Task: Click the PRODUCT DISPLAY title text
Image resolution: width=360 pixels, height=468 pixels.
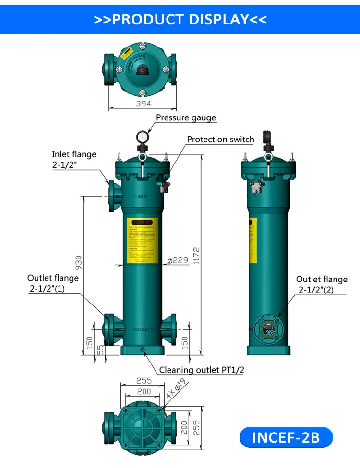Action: click(x=180, y=19)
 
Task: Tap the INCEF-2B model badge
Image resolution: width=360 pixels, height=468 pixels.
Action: click(x=286, y=437)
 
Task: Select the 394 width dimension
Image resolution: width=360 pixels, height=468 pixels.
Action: click(x=143, y=104)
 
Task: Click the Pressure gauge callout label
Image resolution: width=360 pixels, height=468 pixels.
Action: click(x=186, y=117)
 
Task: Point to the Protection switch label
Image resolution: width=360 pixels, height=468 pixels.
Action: click(x=220, y=140)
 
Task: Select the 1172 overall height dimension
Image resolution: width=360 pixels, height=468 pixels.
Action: click(x=195, y=257)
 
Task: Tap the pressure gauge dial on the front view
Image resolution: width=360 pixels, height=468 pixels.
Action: click(x=142, y=137)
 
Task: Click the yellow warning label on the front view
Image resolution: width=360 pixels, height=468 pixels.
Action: click(x=142, y=241)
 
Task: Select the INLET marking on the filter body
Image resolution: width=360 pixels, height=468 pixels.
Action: click(x=141, y=197)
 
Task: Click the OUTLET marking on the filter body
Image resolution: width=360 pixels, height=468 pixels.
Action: click(x=142, y=330)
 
